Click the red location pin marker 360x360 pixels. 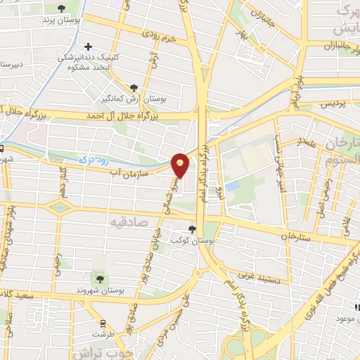[181, 165]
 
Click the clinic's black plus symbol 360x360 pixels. [107, 46]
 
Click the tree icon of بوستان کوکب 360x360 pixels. [192, 229]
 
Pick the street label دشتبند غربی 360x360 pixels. [259, 280]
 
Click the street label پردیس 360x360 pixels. [334, 104]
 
